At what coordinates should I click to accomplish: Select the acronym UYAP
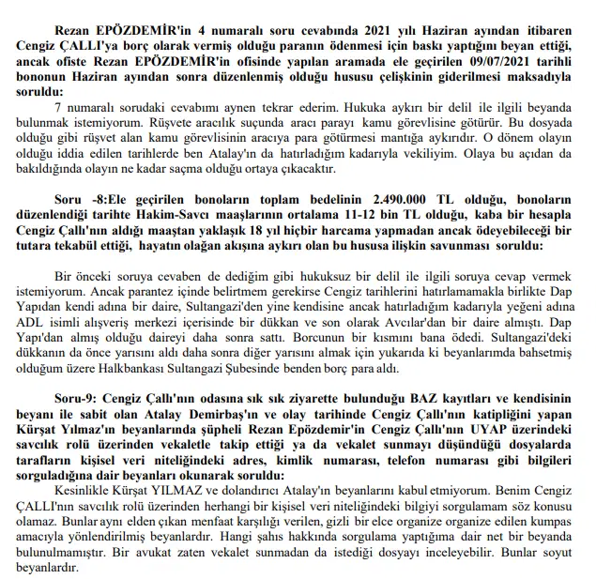coord(514,437)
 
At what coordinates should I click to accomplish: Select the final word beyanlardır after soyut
coord(84,569)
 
